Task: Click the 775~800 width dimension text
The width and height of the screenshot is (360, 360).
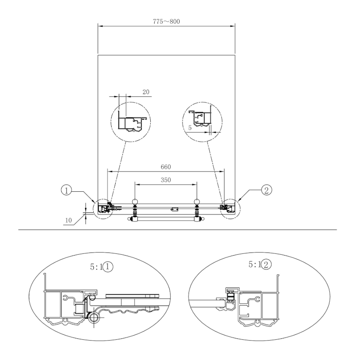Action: pos(166,22)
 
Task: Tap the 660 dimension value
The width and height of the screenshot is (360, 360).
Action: pos(166,166)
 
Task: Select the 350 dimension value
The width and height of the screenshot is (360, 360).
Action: pos(166,180)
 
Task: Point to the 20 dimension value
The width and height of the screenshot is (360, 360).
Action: pos(146,92)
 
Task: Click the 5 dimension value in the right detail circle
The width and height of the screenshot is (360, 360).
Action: pos(190,128)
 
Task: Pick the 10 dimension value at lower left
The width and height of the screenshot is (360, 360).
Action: pos(68,220)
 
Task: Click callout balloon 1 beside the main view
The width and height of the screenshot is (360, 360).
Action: pos(66,190)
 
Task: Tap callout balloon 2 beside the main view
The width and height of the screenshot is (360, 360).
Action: pos(266,190)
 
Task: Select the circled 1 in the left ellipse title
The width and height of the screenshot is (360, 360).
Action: pos(108,267)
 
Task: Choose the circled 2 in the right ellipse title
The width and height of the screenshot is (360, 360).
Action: pos(266,265)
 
